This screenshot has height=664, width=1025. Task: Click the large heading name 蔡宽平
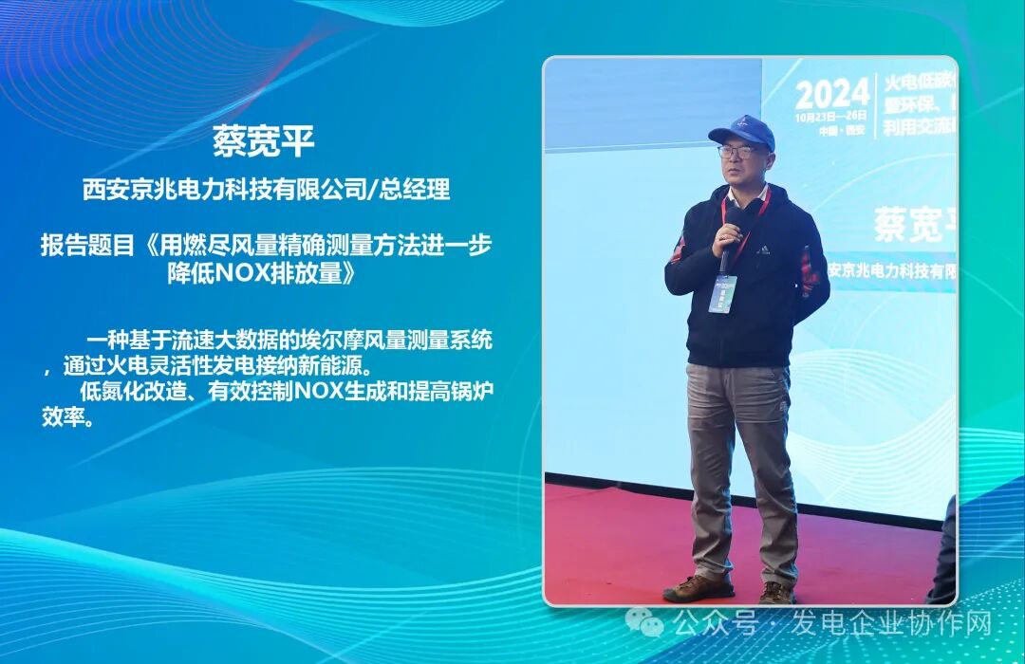point(264,142)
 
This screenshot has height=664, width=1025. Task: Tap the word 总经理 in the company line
point(415,190)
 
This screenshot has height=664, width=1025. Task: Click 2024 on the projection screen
point(832,94)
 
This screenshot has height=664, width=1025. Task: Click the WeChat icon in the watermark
point(651,622)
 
